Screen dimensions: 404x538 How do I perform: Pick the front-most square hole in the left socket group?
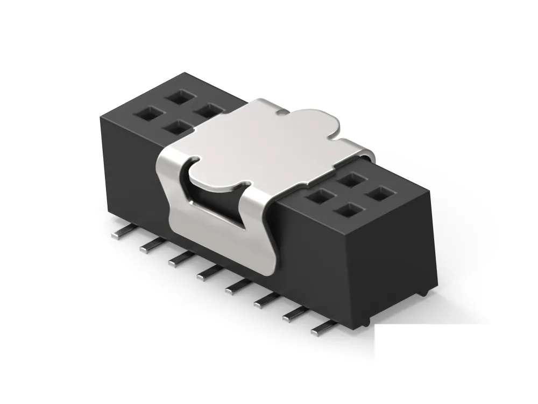click(x=174, y=128)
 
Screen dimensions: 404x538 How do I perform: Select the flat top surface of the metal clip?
click(x=269, y=143)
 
